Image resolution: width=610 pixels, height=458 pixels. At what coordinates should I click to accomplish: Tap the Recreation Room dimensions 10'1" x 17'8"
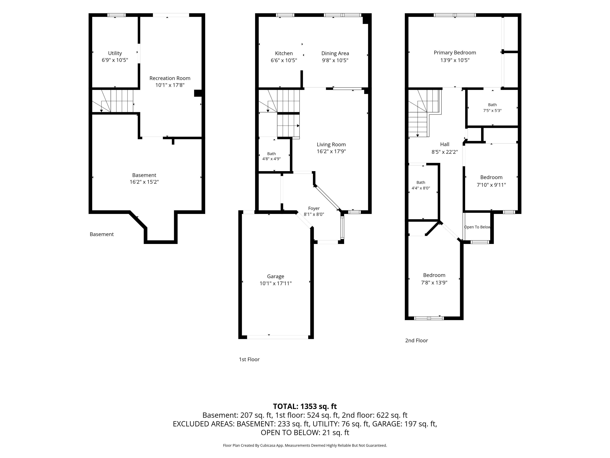point(170,85)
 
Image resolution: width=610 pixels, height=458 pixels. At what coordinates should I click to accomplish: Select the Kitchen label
point(284,53)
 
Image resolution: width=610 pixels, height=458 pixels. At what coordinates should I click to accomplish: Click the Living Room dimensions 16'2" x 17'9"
point(331,151)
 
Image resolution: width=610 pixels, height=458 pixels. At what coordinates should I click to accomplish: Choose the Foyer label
point(314,208)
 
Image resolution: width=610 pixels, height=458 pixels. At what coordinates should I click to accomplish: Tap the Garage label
point(275,277)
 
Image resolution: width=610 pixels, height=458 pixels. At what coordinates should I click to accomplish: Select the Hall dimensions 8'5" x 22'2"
point(444,152)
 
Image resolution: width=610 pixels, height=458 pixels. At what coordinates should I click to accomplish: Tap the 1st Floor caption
point(249,359)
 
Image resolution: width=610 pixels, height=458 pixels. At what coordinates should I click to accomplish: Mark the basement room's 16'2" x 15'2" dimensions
point(144,182)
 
